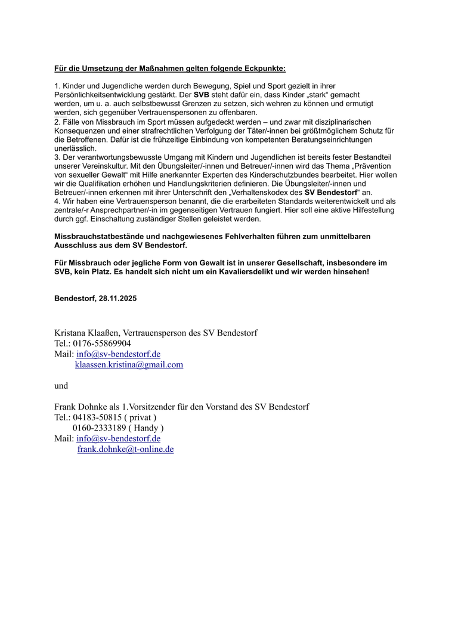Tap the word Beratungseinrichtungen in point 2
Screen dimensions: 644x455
[x=332, y=140]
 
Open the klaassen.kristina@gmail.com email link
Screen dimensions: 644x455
[x=129, y=365]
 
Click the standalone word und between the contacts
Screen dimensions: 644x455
[x=61, y=386]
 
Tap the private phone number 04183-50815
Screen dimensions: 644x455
[x=97, y=418]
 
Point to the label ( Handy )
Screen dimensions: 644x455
[x=146, y=428]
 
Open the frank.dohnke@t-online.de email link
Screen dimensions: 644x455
[x=125, y=450]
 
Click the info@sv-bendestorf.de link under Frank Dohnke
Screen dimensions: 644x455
[x=118, y=439]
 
